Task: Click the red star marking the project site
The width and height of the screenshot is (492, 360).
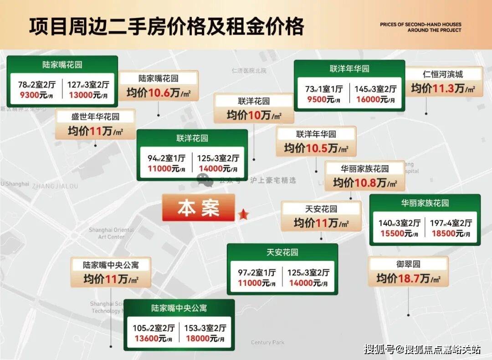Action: pyautogui.click(x=243, y=214)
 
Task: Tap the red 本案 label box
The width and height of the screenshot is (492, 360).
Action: pyautogui.click(x=198, y=208)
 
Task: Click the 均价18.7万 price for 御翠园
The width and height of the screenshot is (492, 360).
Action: pyautogui.click(x=408, y=278)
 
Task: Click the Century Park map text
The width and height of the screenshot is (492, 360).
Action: pyautogui.click(x=267, y=342)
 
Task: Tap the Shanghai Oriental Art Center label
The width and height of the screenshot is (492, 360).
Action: pyautogui.click(x=112, y=233)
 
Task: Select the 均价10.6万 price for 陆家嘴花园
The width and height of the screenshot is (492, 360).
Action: pyautogui.click(x=158, y=93)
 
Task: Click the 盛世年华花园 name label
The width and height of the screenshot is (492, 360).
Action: pyautogui.click(x=95, y=117)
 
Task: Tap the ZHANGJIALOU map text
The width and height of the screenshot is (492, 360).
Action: pyautogui.click(x=55, y=186)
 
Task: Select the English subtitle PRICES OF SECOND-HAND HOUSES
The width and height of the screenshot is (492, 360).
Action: pyautogui.click(x=420, y=24)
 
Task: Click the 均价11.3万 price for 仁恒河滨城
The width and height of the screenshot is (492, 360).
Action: pyautogui.click(x=443, y=88)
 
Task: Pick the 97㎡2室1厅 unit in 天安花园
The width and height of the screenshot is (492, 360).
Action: pyautogui.click(x=256, y=273)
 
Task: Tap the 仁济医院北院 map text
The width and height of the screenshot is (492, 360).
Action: pyautogui.click(x=249, y=71)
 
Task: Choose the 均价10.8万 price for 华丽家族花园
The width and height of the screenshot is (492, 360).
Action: pyautogui.click(x=364, y=183)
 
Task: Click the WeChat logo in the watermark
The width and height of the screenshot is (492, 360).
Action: pyautogui.click(x=205, y=180)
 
